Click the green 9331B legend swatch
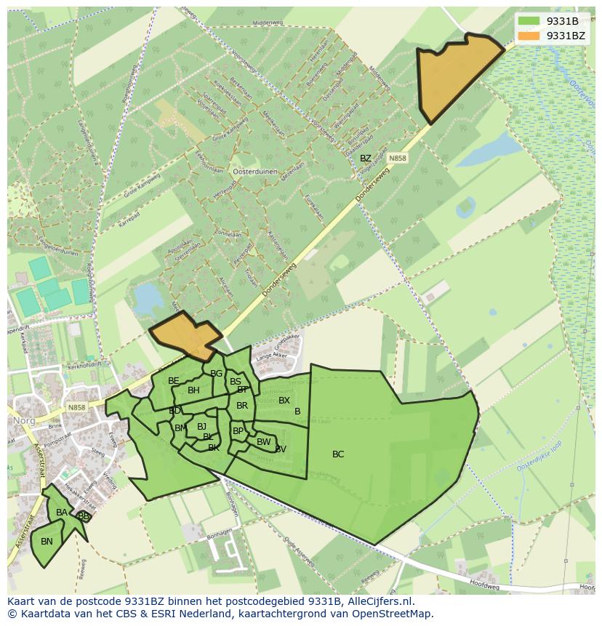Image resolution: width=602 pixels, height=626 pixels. click(x=529, y=21)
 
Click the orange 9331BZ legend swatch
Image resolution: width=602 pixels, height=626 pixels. click(x=529, y=35)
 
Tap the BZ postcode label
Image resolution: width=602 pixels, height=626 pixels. click(x=366, y=158)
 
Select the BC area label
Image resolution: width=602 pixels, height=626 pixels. click(x=338, y=454)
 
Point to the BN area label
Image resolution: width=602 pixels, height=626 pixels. click(x=47, y=542)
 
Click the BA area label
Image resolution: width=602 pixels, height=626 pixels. click(x=62, y=513)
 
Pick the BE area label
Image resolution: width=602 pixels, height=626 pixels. click(x=174, y=381)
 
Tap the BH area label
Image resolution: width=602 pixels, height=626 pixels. click(x=193, y=390)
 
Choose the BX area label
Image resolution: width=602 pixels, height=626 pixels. click(x=284, y=401)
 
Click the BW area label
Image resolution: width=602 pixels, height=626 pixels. click(x=263, y=442)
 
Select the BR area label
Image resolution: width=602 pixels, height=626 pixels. click(x=242, y=406)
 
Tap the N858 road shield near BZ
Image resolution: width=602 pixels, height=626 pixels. click(x=397, y=158)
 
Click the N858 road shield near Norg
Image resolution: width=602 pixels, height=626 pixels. click(x=76, y=408)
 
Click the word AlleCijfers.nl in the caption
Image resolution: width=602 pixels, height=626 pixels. click(x=380, y=601)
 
